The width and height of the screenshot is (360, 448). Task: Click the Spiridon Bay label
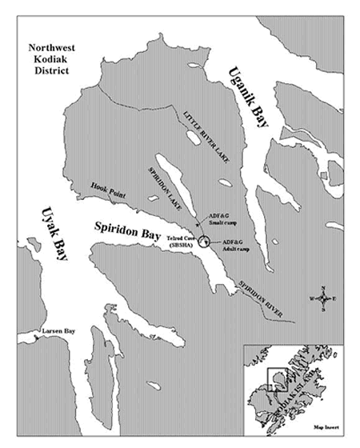[121, 227]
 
